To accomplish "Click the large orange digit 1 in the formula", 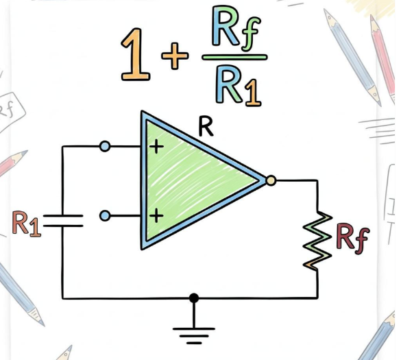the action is coord(135,54).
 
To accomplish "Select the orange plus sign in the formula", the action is coord(175,56).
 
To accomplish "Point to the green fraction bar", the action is coord(234,57).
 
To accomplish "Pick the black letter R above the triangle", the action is coord(206,128).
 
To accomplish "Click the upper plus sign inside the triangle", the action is coord(156,147).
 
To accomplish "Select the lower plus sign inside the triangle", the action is coord(156,215).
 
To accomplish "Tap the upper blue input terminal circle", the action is coord(105,147).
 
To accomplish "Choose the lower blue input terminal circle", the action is coord(105,216).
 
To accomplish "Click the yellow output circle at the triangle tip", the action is coord(271,180).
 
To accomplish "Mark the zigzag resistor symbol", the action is coord(317,241).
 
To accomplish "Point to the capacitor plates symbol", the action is coord(63,221).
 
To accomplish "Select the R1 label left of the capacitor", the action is coord(27,224).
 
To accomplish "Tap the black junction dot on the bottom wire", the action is coord(194,298).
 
